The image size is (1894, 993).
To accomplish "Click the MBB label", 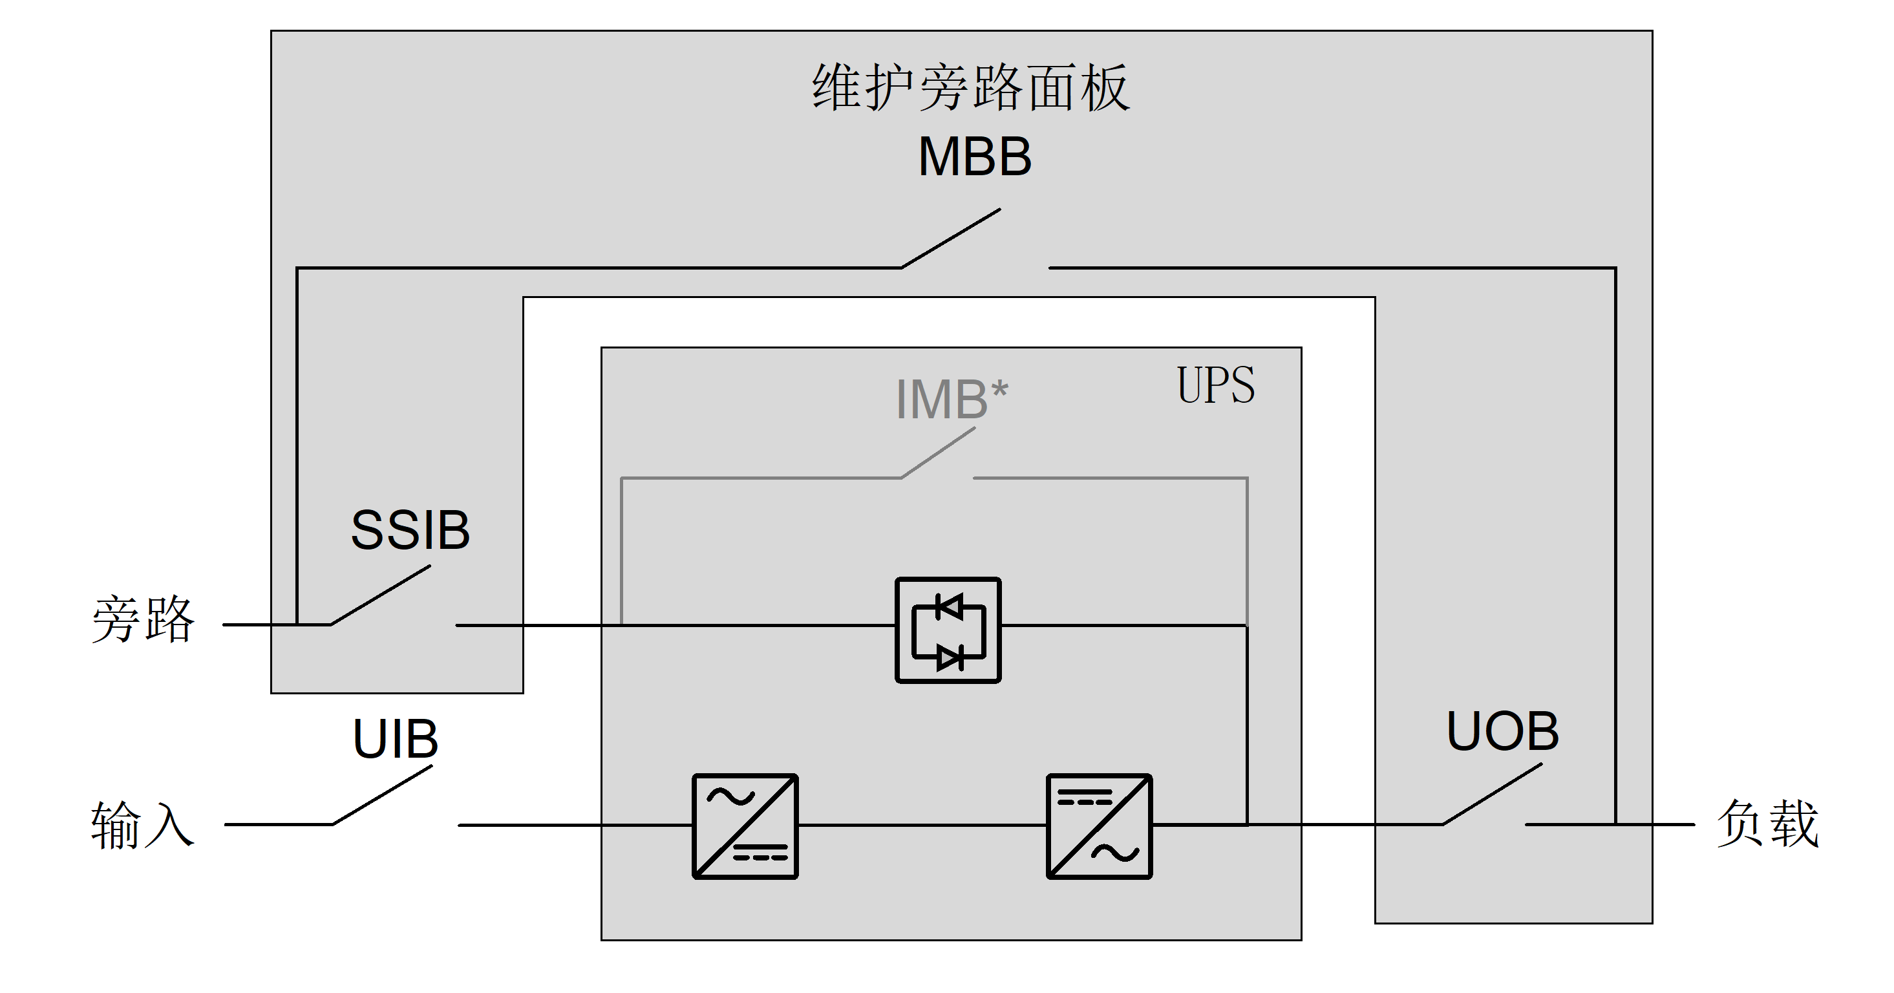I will [974, 156].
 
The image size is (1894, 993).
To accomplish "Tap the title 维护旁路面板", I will [970, 87].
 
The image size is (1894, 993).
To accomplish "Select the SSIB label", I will [410, 529].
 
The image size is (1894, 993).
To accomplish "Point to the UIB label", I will [396, 738].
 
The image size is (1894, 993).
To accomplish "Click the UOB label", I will [1502, 731].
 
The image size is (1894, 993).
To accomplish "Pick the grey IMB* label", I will [951, 400].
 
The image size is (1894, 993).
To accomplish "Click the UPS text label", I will [1215, 385].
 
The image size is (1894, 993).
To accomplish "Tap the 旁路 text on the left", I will [143, 619].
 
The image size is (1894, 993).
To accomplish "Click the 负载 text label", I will [1767, 823].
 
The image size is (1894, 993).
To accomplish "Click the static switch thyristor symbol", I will [948, 630].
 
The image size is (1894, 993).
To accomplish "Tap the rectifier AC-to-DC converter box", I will [745, 826].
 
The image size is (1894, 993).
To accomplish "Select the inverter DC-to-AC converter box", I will [1098, 826].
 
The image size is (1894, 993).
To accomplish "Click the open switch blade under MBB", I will [951, 239].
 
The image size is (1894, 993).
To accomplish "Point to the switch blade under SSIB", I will [381, 594].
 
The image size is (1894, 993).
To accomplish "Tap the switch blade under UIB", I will [382, 795].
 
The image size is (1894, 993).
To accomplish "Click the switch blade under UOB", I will [1493, 794].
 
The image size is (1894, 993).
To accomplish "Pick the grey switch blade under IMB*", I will [938, 453].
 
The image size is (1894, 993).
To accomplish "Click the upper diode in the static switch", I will [949, 608].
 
